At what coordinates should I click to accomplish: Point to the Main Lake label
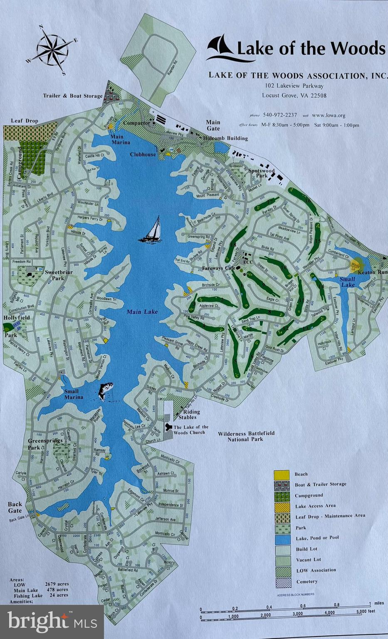142,312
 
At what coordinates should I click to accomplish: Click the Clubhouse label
143,154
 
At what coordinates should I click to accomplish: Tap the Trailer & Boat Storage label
72,96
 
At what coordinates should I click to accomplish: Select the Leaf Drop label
24,121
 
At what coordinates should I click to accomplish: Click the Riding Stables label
189,414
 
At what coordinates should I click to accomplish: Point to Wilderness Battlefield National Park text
246,436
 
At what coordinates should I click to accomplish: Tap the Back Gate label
15,507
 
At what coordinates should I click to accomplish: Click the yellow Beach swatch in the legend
282,474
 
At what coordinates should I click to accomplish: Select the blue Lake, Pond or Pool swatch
282,538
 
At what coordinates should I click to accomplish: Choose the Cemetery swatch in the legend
282,582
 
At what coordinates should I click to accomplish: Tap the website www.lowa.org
328,115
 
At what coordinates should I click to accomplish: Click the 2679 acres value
57,584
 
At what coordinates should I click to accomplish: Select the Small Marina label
74,394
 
